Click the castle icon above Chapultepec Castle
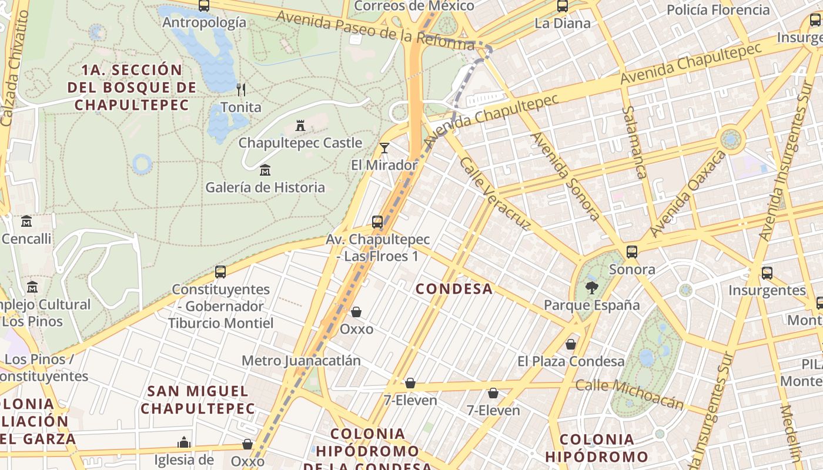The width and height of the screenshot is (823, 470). [300, 125]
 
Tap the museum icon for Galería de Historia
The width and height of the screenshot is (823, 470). [265, 170]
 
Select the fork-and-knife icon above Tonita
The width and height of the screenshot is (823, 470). [240, 90]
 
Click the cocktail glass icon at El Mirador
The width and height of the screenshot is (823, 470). [384, 148]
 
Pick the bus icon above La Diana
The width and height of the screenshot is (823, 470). [563, 6]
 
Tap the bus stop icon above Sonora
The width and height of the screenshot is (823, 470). [632, 252]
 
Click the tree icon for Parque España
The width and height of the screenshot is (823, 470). [591, 288]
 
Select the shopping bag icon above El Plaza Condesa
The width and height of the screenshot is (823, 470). [570, 344]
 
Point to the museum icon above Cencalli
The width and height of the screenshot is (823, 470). [26, 221]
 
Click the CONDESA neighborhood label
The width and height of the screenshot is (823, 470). [454, 288]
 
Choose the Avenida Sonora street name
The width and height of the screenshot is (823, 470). [565, 176]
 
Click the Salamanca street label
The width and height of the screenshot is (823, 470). [634, 142]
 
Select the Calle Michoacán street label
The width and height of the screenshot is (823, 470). [630, 394]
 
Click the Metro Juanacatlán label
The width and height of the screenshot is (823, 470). [301, 360]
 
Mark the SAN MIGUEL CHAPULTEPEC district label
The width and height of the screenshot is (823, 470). [198, 399]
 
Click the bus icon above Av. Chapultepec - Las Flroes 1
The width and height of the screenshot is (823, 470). [377, 222]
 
